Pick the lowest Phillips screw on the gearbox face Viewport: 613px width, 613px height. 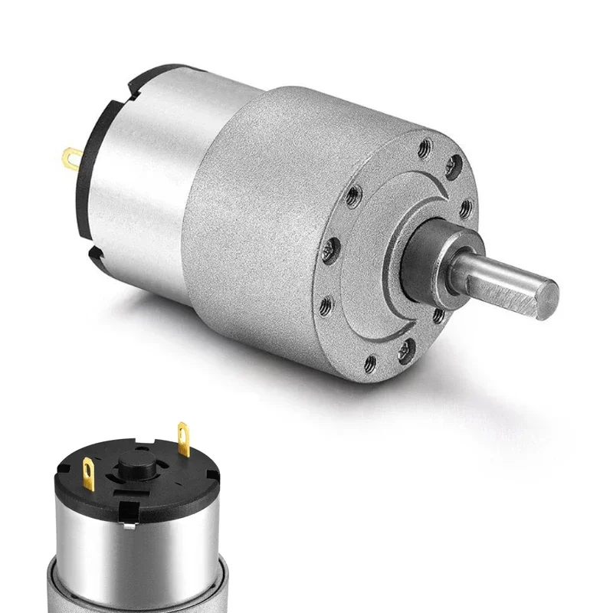point(404,351)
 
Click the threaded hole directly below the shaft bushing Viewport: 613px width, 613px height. point(438,314)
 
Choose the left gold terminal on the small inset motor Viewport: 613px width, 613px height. point(86,466)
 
